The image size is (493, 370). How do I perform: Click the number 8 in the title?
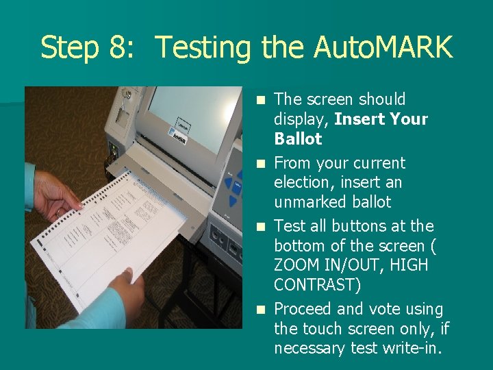[x=118, y=47]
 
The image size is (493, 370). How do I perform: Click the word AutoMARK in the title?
[x=383, y=47]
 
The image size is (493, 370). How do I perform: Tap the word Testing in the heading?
[x=203, y=48]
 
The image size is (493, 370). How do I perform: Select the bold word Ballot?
[x=298, y=138]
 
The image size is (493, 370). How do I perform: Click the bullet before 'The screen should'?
[x=261, y=100]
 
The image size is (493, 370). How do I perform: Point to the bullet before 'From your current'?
[x=261, y=164]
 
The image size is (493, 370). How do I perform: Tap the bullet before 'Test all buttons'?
[x=261, y=227]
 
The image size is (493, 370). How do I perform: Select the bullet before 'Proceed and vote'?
[x=261, y=310]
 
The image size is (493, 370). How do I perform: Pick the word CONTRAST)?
[x=318, y=285]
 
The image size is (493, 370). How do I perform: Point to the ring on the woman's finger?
[x=59, y=213]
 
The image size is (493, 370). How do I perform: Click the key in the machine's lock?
[x=127, y=93]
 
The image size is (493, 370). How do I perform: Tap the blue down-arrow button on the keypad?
[x=232, y=201]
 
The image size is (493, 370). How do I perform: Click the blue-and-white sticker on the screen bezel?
[x=177, y=136]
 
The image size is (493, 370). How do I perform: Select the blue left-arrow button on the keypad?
[x=229, y=183]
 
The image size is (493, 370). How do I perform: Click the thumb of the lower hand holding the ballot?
[x=127, y=273]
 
